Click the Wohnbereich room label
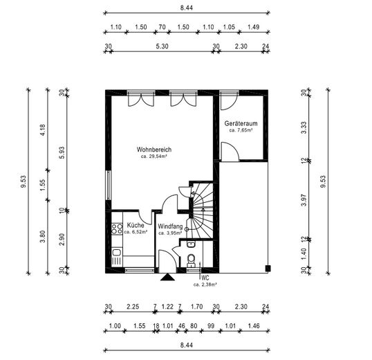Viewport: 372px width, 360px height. (154, 150)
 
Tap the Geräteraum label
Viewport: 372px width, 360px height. (241, 123)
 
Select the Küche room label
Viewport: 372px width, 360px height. (136, 225)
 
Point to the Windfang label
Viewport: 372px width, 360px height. (170, 226)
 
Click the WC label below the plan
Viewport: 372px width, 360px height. (205, 278)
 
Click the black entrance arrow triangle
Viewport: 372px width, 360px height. (167, 278)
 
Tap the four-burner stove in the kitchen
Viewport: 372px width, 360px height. (117, 228)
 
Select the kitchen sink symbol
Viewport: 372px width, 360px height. (116, 252)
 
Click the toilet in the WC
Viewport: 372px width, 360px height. (191, 260)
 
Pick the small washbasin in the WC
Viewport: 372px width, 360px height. (191, 244)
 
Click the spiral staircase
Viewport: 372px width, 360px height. (202, 211)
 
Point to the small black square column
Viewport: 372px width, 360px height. (268, 268)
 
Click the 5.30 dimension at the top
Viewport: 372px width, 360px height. (162, 46)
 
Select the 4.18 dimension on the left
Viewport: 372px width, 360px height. (43, 130)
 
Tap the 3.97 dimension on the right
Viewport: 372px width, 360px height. (304, 200)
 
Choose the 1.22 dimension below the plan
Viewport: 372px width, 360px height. (167, 307)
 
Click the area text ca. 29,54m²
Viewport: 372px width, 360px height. (154, 156)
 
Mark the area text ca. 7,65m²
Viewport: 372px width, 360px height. (241, 130)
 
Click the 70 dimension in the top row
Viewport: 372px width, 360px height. (162, 27)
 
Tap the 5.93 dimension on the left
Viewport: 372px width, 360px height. (62, 152)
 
